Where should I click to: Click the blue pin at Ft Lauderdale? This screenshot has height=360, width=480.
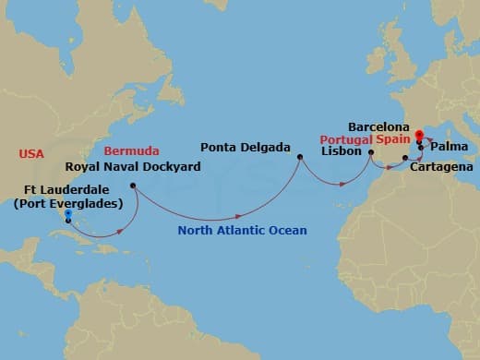68,217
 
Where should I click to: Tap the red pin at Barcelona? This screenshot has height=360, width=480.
419,136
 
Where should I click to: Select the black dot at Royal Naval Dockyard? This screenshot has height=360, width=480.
134,186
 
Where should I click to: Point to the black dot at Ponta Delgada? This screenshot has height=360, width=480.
299,158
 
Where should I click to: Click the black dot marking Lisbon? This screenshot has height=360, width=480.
371,153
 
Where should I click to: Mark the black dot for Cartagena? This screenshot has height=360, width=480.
405,159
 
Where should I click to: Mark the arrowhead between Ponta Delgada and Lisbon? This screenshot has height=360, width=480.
342,184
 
